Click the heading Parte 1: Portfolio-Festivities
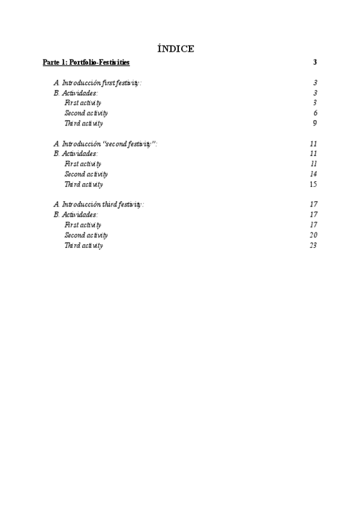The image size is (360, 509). point(86,62)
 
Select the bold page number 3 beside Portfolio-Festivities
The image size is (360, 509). point(315,62)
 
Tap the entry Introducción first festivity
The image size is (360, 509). point(98,83)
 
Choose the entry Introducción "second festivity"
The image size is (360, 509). point(105,143)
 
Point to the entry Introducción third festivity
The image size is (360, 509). point(98,204)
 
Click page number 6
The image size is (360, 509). point(315,113)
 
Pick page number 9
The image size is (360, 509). point(315,124)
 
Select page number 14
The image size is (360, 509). point(313,174)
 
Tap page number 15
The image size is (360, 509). point(313,184)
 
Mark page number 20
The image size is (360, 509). point(313,235)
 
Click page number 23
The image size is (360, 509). point(313,245)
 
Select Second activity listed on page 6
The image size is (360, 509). point(86,113)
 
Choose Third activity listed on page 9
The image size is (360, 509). point(83,124)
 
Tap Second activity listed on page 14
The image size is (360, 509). point(86,174)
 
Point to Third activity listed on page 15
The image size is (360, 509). point(83,184)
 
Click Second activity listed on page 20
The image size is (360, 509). point(86,235)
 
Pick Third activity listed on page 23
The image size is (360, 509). point(83,245)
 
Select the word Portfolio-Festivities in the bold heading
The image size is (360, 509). point(100,62)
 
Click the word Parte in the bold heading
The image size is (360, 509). point(52,62)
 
